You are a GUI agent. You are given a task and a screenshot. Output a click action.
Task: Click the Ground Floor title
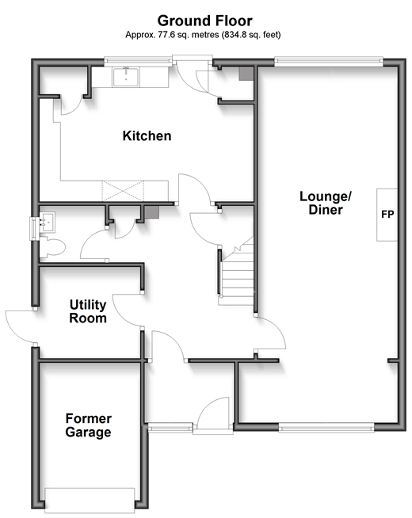205,21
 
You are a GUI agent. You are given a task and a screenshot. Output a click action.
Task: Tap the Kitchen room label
147,135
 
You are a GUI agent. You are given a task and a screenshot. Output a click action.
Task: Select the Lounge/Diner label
326,203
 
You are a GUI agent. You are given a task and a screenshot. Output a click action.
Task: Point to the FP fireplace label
387,215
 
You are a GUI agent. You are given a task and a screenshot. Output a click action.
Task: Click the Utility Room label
88,311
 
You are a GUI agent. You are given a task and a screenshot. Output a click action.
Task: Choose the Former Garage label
88,425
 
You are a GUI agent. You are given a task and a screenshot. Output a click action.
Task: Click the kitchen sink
126,77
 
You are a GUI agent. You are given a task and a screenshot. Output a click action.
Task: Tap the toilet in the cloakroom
52,247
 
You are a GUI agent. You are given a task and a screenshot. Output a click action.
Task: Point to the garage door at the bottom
90,500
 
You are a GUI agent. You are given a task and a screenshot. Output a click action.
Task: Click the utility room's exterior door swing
20,326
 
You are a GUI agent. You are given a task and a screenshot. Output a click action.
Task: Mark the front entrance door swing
213,413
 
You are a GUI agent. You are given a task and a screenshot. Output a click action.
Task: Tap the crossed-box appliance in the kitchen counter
123,191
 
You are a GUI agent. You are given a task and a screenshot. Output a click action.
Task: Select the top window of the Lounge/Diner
329,61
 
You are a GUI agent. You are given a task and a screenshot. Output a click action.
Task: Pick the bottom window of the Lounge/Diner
326,428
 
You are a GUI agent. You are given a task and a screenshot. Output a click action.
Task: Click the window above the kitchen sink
139,61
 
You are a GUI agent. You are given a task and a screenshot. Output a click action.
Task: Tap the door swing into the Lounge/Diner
270,333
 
